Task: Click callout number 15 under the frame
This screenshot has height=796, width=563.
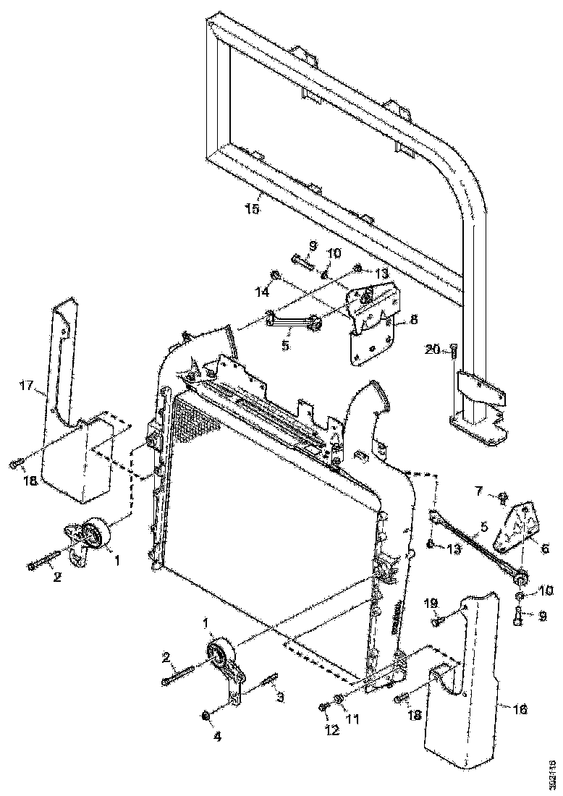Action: (x=252, y=209)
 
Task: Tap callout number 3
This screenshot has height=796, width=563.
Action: (x=280, y=698)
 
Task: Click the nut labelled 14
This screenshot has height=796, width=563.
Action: (x=275, y=274)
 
